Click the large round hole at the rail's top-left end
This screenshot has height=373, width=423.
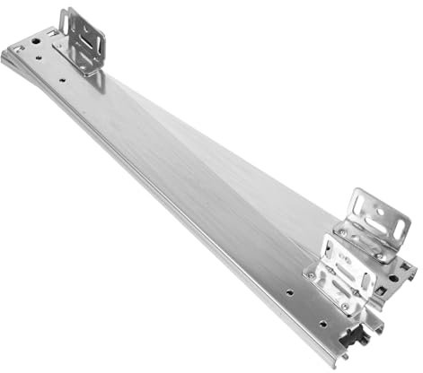37,40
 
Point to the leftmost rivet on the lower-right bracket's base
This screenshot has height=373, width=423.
312,275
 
